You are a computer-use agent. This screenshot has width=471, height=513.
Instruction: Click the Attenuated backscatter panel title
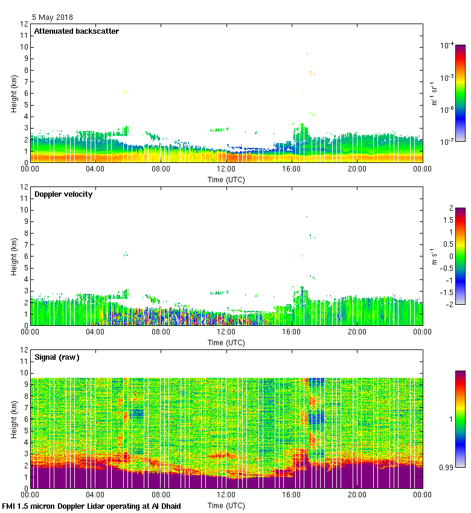(x=77, y=31)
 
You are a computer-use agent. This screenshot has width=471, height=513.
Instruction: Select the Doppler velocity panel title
(x=63, y=194)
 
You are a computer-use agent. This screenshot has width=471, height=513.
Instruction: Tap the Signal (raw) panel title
(x=57, y=357)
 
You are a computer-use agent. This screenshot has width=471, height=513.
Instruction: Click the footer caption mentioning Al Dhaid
(x=92, y=506)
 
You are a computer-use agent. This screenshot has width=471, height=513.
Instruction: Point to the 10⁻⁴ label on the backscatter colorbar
(x=447, y=46)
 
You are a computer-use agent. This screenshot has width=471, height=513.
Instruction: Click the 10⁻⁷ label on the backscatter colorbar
(x=447, y=141)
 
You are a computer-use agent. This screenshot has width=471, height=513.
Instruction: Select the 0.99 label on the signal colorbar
(x=446, y=467)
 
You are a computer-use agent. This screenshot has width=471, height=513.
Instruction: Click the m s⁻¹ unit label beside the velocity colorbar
(x=434, y=255)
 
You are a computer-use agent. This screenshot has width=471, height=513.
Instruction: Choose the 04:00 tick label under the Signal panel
(x=95, y=495)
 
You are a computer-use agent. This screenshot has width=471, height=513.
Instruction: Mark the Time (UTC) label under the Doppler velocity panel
(x=226, y=342)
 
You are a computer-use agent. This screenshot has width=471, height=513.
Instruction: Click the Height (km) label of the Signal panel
(x=14, y=419)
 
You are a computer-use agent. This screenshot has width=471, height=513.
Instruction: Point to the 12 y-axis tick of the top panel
(x=25, y=24)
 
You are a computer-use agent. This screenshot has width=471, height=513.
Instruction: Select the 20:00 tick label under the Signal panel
(x=357, y=495)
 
